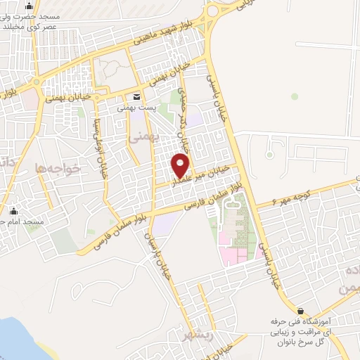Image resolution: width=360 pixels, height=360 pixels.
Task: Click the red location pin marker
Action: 181,165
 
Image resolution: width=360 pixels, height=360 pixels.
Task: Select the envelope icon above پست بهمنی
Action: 136,96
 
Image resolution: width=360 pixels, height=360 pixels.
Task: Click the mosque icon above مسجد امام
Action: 13,211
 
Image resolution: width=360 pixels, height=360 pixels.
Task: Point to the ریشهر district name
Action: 193,333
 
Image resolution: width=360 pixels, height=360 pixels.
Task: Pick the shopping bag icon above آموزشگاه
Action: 301,310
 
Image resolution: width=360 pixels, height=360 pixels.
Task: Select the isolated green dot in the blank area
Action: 295,96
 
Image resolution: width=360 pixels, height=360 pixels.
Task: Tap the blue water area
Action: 18,337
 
